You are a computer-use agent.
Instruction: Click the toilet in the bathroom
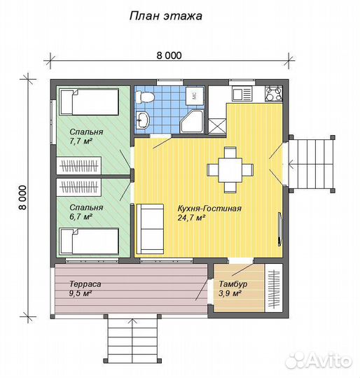pos(144,97)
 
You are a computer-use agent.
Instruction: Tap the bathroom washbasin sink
pos(143,120)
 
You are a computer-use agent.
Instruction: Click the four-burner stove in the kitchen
pos(274,93)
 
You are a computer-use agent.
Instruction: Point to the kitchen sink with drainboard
pos(242,94)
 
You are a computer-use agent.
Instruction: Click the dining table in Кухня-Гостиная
pos(230,170)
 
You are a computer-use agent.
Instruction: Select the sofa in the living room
pos(150,229)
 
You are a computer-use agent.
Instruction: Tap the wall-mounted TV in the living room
pos(279,229)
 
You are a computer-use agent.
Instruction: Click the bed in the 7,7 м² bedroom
pos(89,101)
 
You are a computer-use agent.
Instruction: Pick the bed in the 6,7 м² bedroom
pos(89,241)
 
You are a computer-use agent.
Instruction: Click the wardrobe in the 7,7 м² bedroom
pos(79,165)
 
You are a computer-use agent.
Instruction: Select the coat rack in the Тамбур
pos(273,288)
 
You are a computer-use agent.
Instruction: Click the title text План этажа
pos(166,16)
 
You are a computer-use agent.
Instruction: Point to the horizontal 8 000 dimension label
pos(169,55)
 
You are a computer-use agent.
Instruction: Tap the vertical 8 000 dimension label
pos(23,197)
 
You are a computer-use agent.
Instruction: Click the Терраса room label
pos(85,284)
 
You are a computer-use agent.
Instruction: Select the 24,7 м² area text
pos(192,218)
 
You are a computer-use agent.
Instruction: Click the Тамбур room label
pos(233,284)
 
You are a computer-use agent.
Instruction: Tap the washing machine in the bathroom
pos(194,96)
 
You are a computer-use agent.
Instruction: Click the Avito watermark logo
pos(319,360)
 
